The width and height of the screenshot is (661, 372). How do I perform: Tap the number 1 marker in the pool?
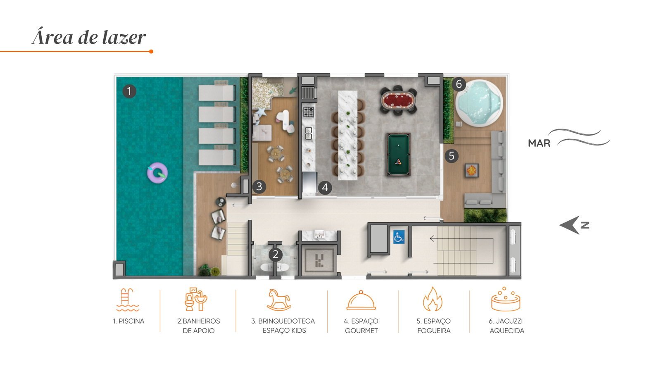pyautogui.click(x=129, y=91)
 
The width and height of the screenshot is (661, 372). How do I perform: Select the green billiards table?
pyautogui.click(x=398, y=155)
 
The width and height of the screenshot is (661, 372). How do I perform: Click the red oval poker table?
pyautogui.click(x=398, y=100)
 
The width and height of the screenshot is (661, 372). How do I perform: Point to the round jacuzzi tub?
pyautogui.click(x=479, y=103)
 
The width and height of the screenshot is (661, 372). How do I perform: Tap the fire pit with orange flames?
pyautogui.click(x=471, y=170)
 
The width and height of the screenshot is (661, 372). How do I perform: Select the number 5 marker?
pyautogui.click(x=452, y=155)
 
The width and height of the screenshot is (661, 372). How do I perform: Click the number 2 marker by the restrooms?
pyautogui.click(x=276, y=254)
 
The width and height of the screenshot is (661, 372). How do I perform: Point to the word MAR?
pyautogui.click(x=539, y=143)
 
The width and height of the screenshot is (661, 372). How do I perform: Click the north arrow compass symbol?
pyautogui.click(x=574, y=225)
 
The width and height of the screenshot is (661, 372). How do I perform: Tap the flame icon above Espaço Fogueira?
pyautogui.click(x=433, y=299)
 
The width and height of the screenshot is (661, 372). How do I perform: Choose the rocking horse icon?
pyautogui.click(x=279, y=300)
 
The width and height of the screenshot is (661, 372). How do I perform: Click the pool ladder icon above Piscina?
pyautogui.click(x=128, y=300)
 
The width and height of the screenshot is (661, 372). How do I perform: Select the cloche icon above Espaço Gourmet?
pyautogui.click(x=361, y=300)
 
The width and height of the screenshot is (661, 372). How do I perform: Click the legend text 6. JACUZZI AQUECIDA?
pyautogui.click(x=506, y=326)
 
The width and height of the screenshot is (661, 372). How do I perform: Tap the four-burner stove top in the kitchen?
pyautogui.click(x=309, y=112)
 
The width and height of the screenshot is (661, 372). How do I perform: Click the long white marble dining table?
pyautogui.click(x=347, y=135)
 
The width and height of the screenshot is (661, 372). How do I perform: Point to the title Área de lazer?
pyautogui.click(x=89, y=38)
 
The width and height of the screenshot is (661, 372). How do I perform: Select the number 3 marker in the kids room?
pyautogui.click(x=259, y=186)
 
